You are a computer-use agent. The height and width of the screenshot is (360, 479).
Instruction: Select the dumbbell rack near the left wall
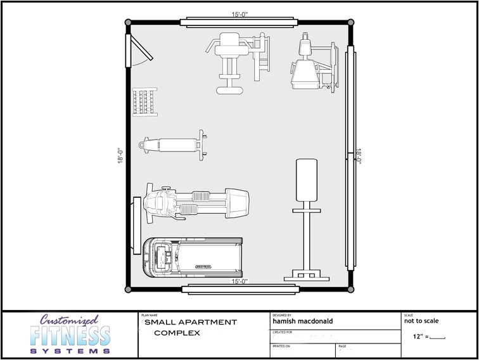[x=143, y=101]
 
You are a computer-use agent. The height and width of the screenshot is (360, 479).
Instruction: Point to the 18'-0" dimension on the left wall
[x=120, y=155]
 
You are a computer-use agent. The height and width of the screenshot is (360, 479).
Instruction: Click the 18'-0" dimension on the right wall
[x=358, y=157]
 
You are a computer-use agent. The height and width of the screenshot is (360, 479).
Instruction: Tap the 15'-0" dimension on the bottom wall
[x=239, y=281]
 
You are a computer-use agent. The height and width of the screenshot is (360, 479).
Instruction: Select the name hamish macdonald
[x=302, y=321]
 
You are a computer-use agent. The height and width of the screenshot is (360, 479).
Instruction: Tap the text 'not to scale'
[x=421, y=321]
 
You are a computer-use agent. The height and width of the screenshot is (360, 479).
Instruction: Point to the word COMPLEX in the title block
[x=177, y=332]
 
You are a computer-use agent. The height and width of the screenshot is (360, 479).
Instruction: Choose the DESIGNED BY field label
[x=281, y=314]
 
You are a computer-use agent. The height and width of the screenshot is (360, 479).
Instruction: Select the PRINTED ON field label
[x=281, y=347]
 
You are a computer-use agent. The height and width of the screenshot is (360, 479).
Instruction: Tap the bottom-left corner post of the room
[x=129, y=288]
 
